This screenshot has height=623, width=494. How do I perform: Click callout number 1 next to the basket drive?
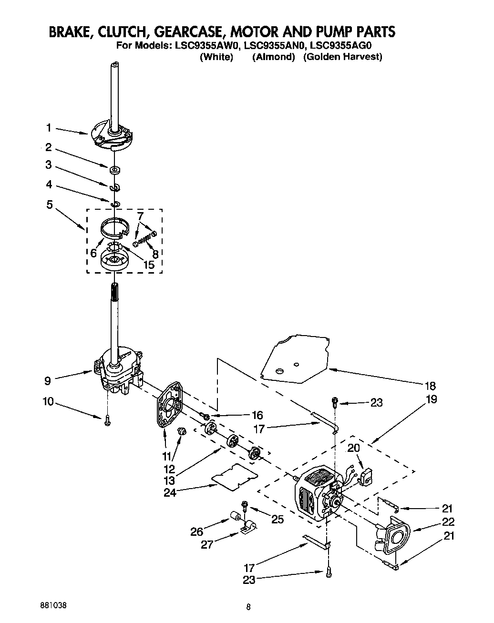49,128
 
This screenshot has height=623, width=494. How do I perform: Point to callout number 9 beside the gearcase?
47,380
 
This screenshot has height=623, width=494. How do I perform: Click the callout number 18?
430,386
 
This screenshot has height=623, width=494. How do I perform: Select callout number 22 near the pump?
448,522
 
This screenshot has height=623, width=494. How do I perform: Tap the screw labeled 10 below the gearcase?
107,419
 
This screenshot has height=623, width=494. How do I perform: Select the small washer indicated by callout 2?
114,169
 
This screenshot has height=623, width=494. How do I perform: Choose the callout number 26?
197,531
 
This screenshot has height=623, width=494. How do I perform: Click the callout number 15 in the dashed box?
149,265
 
